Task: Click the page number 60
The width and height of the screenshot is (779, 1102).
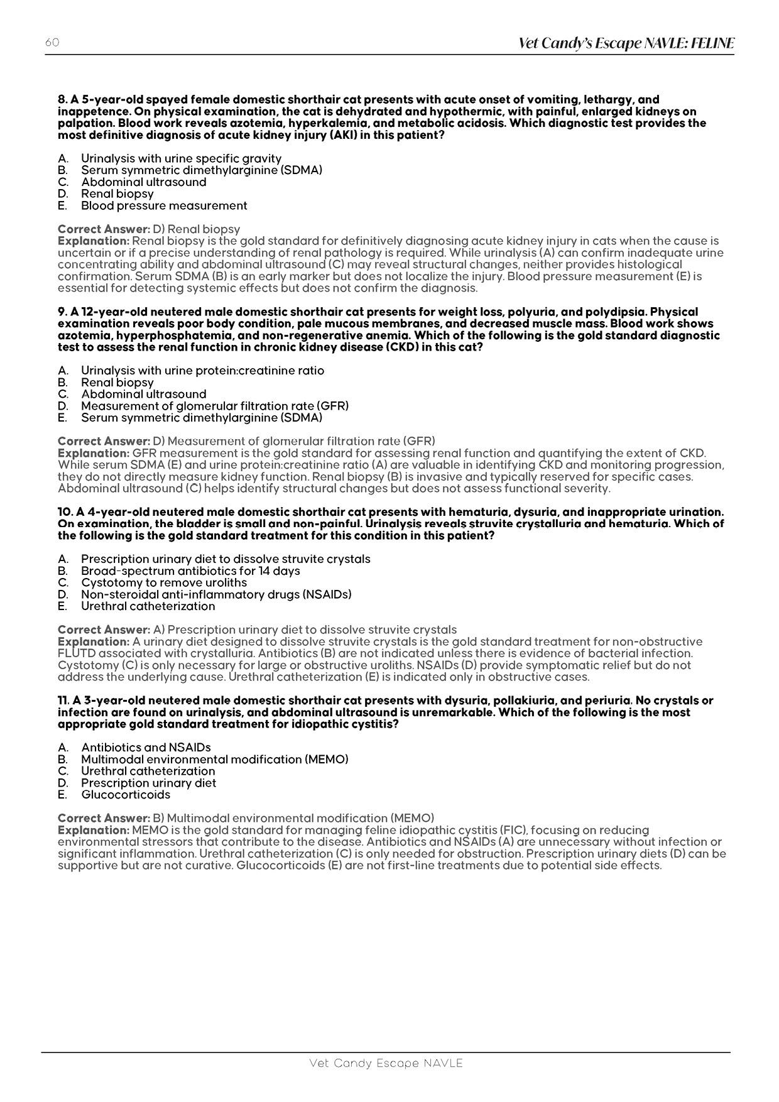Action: pyautogui.click(x=52, y=43)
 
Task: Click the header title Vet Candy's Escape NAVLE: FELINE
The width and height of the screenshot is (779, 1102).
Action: pyautogui.click(x=626, y=43)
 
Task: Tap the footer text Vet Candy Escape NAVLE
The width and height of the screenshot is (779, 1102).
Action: pyautogui.click(x=386, y=1063)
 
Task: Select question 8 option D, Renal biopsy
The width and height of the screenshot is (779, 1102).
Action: pyautogui.click(x=117, y=194)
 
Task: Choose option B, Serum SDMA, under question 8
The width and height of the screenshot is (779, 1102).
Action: pyautogui.click(x=201, y=170)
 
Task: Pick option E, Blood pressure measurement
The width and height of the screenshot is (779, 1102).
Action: pyautogui.click(x=163, y=206)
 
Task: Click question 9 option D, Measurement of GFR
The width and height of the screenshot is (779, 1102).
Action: pyautogui.click(x=214, y=406)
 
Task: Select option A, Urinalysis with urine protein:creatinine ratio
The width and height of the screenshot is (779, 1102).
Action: pyautogui.click(x=202, y=371)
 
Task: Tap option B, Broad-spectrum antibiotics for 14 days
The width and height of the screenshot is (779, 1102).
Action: pyautogui.click(x=190, y=571)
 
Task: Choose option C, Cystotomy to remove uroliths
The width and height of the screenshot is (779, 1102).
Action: pyautogui.click(x=163, y=583)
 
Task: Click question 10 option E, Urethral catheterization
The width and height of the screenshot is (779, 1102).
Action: pyautogui.click(x=148, y=606)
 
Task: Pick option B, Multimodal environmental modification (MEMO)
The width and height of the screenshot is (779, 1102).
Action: pyautogui.click(x=214, y=760)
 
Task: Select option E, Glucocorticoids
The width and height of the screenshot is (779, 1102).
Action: pyautogui.click(x=125, y=795)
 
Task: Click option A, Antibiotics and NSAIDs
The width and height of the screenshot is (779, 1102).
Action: pyautogui.click(x=145, y=748)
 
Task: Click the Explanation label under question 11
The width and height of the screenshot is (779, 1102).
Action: pyautogui.click(x=94, y=830)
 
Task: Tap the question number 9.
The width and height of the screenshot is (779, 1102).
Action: pyautogui.click(x=62, y=312)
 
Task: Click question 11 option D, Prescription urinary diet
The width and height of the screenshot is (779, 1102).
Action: pyautogui.click(x=148, y=783)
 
